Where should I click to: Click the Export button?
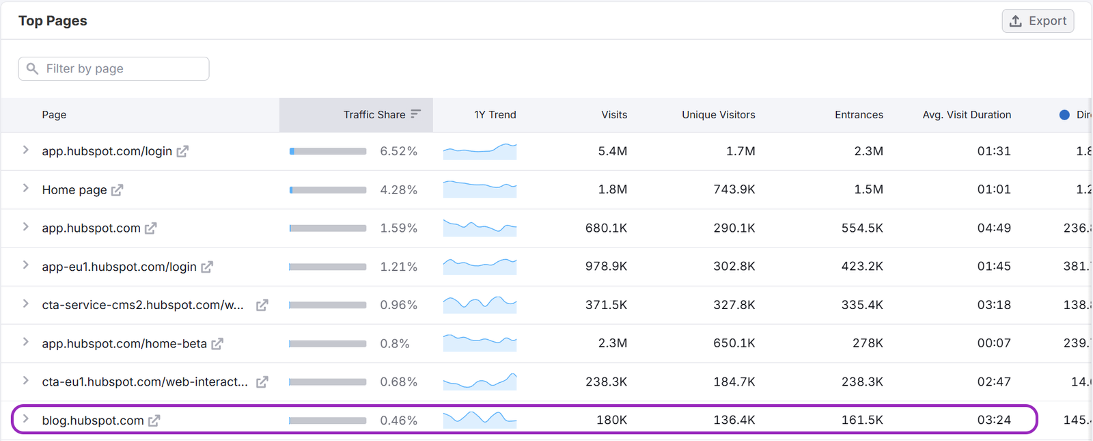(1038, 21)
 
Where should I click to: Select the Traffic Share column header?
(374, 115)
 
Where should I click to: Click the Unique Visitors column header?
(718, 115)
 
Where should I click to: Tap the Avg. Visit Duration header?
(966, 115)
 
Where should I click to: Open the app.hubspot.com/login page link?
(107, 151)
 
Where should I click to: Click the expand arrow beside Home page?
(26, 189)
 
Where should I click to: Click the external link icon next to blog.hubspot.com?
(154, 420)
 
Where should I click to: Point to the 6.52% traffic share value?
(398, 151)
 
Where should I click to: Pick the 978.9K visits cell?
(606, 267)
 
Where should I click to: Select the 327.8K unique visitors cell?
(734, 305)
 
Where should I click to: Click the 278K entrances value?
(868, 343)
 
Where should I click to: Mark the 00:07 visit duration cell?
(993, 343)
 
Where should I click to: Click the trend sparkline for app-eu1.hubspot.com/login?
(480, 265)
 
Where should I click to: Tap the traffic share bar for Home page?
(328, 190)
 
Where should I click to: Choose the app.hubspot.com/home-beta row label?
(124, 343)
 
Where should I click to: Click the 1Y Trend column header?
(495, 115)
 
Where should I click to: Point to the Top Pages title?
(53, 21)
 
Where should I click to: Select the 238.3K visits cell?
(606, 382)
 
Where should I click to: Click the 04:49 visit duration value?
(993, 228)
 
